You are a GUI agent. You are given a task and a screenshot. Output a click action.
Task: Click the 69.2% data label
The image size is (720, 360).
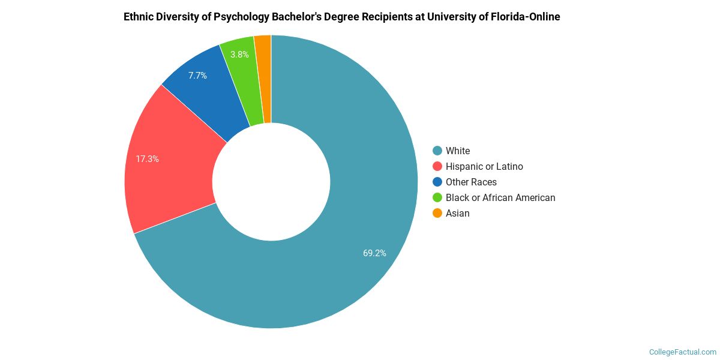pos(374,253)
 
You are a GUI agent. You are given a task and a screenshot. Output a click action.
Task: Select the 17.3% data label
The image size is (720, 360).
pos(147,159)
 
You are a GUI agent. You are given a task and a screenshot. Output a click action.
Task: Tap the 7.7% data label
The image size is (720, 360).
pos(197,76)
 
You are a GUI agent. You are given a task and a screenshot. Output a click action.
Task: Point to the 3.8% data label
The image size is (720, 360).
pos(239,54)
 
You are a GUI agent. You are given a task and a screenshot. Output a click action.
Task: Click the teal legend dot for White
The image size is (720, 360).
pos(437,151)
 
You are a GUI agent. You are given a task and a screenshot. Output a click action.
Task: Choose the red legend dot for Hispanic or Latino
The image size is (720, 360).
pos(437,166)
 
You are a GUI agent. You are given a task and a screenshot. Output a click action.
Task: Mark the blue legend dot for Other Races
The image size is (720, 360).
pos(437,182)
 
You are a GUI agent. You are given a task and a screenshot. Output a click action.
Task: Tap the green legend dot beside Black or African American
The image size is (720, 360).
pos(437,197)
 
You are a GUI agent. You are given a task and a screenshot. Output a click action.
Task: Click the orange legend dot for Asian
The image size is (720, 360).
pos(437,213)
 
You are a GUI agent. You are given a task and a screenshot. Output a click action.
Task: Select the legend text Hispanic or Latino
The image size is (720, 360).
pos(484,166)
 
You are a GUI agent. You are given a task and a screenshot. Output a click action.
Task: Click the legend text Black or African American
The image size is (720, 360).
pos(500,197)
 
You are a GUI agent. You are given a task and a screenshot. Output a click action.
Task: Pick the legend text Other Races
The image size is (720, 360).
pos(471,182)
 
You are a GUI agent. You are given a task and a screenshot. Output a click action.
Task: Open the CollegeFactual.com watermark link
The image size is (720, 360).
pos(683,352)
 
